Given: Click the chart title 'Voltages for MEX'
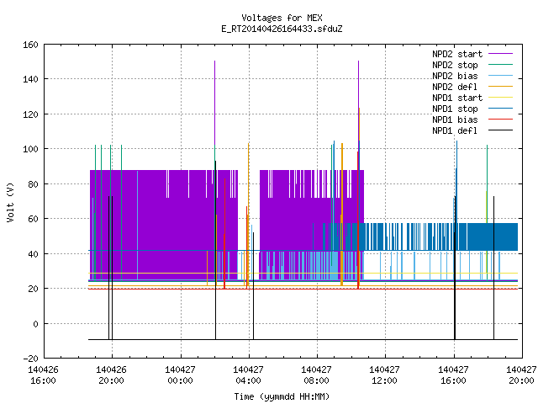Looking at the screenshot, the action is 282,18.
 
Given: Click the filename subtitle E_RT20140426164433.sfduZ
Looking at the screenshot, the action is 282,29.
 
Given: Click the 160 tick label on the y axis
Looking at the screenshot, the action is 30,45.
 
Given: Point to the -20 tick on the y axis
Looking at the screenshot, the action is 30,359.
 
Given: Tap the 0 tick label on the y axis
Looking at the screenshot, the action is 35,324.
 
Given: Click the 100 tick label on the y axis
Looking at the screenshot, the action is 30,149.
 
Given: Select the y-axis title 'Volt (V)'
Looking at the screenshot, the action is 10,203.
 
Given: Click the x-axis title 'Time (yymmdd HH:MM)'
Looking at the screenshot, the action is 282,396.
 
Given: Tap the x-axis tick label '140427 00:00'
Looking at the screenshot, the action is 180,375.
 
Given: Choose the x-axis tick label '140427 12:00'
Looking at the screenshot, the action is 384,375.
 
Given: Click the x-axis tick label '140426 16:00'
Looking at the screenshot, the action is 43,375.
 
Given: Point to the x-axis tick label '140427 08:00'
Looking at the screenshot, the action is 316,375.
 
